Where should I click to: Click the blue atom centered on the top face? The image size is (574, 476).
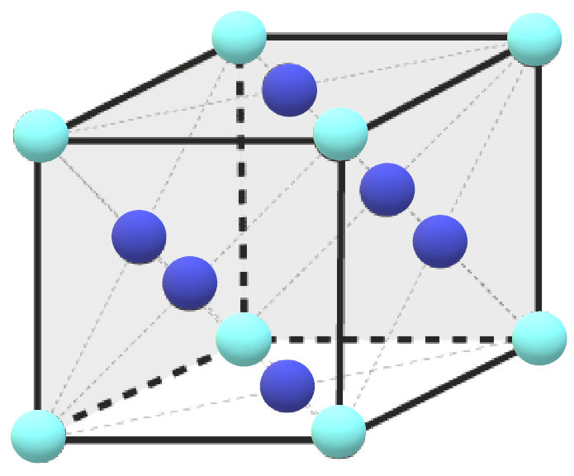pyautogui.click(x=289, y=89)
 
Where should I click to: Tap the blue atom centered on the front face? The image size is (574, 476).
pyautogui.click(x=190, y=283)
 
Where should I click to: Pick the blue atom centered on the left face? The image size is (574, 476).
pyautogui.click(x=139, y=237)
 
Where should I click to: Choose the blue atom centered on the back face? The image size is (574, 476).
pyautogui.click(x=387, y=190)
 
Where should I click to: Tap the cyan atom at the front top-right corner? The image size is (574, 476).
pyautogui.click(x=340, y=133)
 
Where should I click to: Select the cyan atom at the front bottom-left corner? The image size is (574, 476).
pyautogui.click(x=38, y=436)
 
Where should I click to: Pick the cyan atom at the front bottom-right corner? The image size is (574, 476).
pyautogui.click(x=339, y=432)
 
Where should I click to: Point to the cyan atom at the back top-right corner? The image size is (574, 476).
pyautogui.click(x=535, y=39)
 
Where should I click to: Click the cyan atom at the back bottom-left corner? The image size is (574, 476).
pyautogui.click(x=244, y=339)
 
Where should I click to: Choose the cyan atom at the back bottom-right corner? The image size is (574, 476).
pyautogui.click(x=539, y=338)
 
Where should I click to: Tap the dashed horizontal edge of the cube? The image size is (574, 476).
pyautogui.click(x=396, y=339)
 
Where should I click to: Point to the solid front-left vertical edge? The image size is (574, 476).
pyautogui.click(x=38, y=289)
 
